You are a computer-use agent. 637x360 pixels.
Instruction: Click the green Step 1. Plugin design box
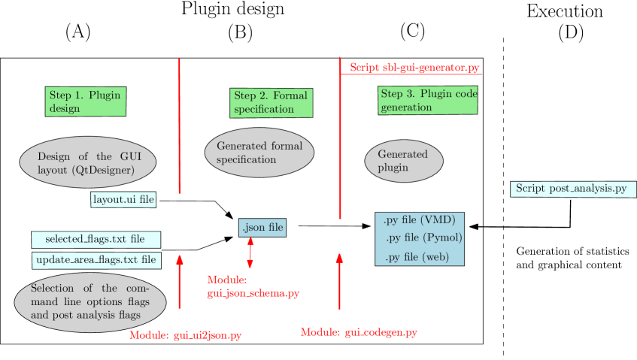[85, 101]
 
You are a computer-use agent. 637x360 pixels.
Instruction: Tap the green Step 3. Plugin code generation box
[427, 101]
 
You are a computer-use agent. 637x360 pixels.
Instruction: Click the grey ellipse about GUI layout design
[86, 163]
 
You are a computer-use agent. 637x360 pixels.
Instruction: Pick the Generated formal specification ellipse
[259, 153]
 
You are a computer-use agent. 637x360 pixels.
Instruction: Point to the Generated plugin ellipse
[404, 161]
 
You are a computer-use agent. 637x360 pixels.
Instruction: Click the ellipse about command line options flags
[89, 302]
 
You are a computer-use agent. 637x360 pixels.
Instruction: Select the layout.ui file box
[123, 200]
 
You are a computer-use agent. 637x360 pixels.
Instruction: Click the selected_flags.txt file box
[96, 240]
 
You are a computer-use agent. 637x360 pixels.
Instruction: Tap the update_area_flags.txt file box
[96, 260]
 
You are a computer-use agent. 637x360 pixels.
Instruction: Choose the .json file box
[262, 227]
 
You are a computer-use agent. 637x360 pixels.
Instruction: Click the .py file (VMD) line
[419, 220]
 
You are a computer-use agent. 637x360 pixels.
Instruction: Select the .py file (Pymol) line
[423, 238]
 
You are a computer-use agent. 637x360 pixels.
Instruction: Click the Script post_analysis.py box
[572, 189]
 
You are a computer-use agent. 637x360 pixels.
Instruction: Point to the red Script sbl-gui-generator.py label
[414, 68]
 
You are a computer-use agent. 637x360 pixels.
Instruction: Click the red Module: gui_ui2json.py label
[186, 335]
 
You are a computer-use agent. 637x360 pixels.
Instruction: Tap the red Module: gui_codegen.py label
[359, 332]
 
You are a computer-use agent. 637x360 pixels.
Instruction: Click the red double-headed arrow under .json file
[250, 253]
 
